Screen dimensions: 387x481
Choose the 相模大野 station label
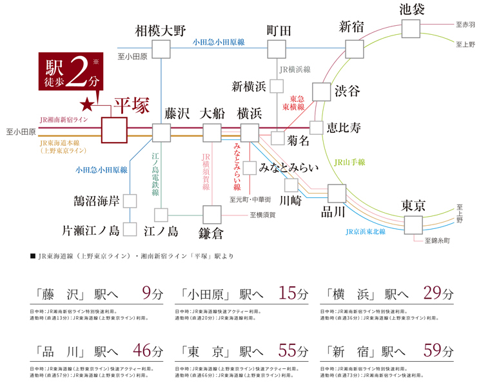[160, 30]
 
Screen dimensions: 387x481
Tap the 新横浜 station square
[276, 86]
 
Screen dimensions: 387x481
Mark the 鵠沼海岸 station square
[130, 201]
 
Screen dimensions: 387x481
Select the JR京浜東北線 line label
[365, 231]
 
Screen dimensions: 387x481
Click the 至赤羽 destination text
[465, 25]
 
